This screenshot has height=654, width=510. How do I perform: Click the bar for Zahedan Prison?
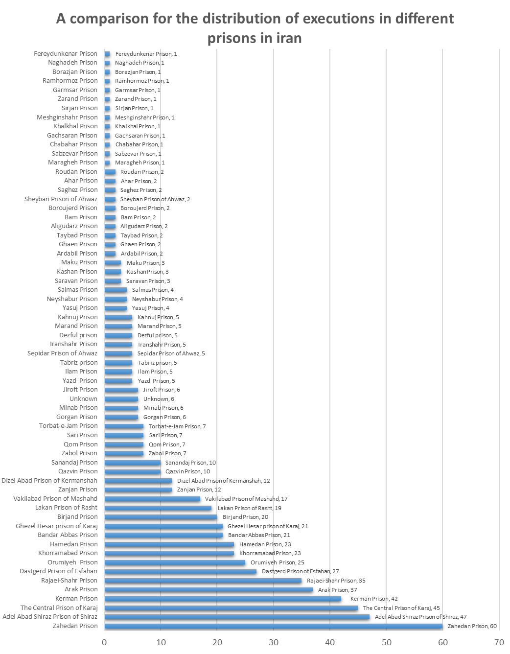tap(274, 626)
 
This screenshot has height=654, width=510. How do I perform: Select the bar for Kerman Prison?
tap(223, 599)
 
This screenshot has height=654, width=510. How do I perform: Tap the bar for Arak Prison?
tap(209, 590)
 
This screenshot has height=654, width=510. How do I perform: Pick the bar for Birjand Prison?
tap(161, 517)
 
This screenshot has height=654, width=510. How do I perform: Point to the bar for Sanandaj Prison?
tap(133, 463)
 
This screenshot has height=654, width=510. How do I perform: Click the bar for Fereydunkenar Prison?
tap(107, 54)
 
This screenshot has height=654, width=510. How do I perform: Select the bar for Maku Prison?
tap(113, 263)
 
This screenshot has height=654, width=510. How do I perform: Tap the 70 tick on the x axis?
tap(499, 643)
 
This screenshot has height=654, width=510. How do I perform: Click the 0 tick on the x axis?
tap(104, 643)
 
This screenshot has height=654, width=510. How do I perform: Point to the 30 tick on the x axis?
tap(274, 643)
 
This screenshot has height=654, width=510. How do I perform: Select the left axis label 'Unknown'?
tap(83, 399)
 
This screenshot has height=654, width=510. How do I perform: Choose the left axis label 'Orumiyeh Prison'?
tap(72, 562)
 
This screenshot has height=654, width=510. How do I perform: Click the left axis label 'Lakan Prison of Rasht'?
tap(66, 508)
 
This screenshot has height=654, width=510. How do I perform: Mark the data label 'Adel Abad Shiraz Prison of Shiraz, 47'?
tap(420, 617)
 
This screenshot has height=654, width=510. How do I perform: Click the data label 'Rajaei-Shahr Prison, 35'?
tap(336, 581)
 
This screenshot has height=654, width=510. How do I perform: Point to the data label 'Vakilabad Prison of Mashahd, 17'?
tap(246, 499)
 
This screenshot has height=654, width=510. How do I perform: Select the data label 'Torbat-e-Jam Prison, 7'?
tap(177, 426)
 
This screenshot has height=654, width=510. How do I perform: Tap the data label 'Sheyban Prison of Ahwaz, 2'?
tap(155, 199)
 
